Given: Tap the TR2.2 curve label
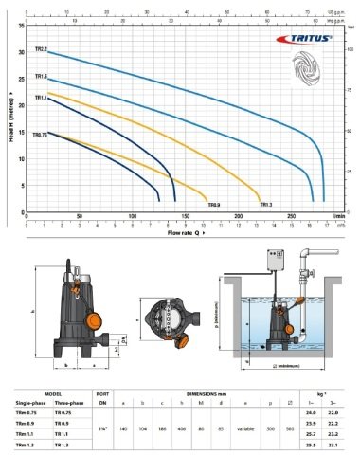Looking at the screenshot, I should [41, 47].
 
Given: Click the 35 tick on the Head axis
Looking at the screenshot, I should [23, 27].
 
